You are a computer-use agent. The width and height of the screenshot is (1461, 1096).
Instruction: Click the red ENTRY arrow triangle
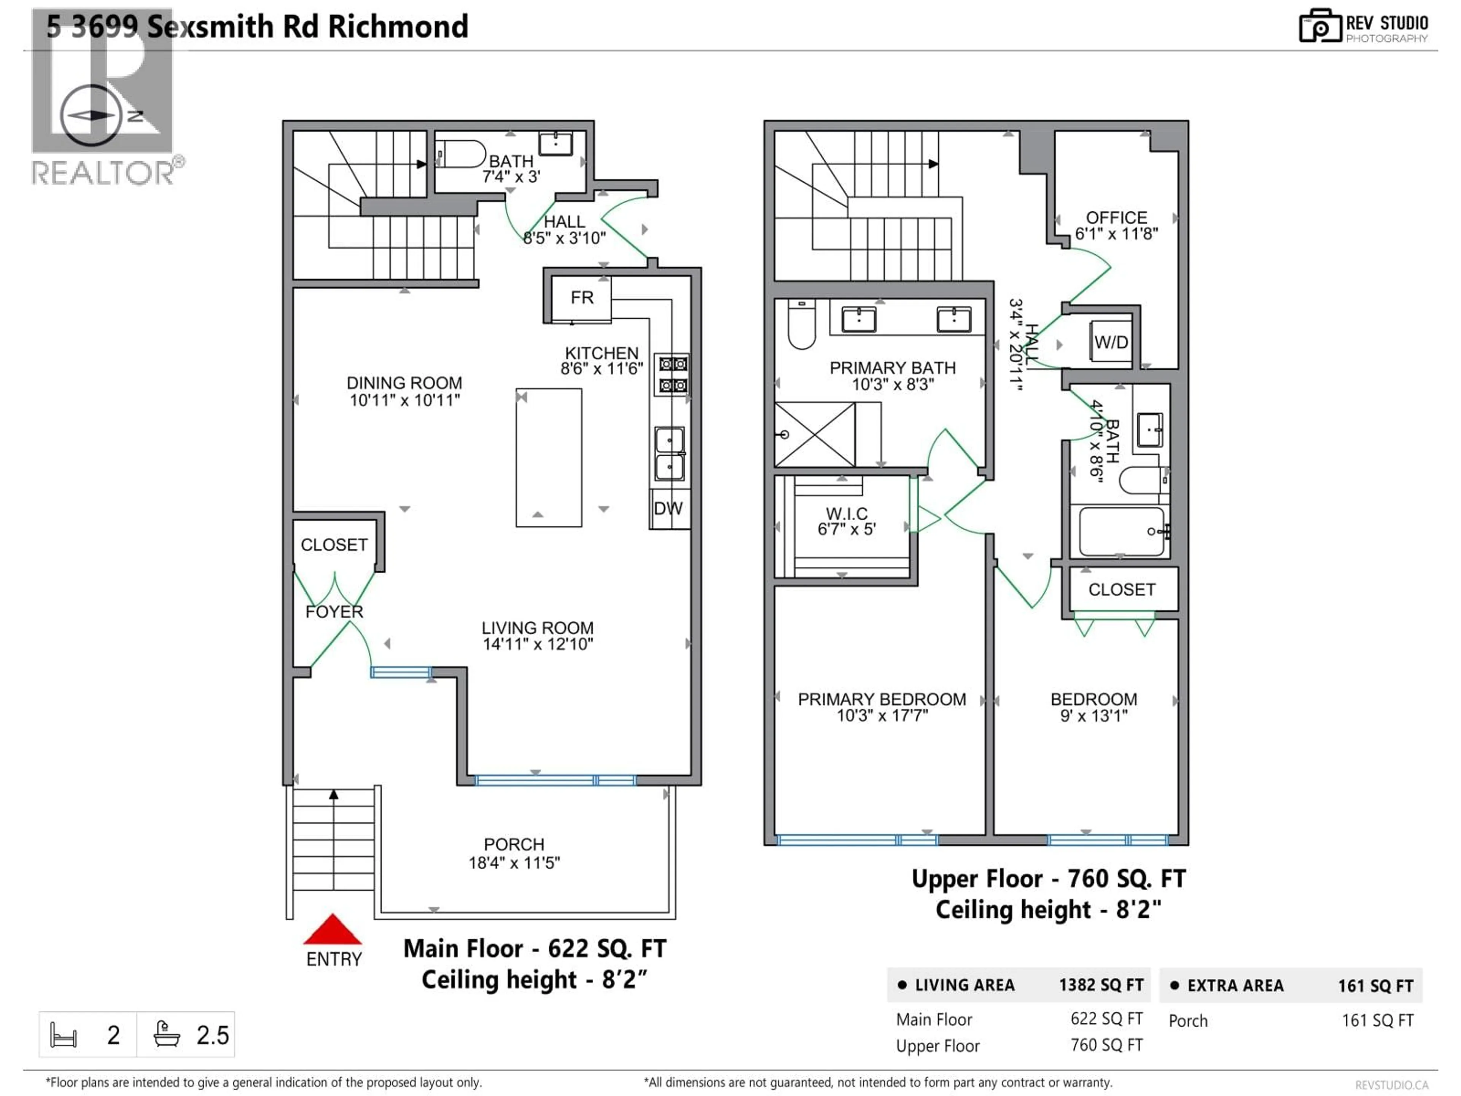pyautogui.click(x=332, y=930)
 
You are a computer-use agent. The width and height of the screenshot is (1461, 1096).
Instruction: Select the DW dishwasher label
pyautogui.click(x=668, y=509)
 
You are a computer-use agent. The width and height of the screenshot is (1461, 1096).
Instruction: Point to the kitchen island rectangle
pyautogui.click(x=548, y=457)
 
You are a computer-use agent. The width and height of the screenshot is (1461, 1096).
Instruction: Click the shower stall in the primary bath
pyautogui.click(x=814, y=435)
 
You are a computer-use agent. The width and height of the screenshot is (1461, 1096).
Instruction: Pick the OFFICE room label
pyautogui.click(x=1116, y=217)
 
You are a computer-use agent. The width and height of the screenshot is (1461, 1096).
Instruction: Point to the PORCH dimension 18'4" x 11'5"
pyautogui.click(x=514, y=863)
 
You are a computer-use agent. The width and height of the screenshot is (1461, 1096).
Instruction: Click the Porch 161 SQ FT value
pyautogui.click(x=1377, y=1021)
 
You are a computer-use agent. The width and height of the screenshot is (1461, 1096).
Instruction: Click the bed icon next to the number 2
pyautogui.click(x=64, y=1035)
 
